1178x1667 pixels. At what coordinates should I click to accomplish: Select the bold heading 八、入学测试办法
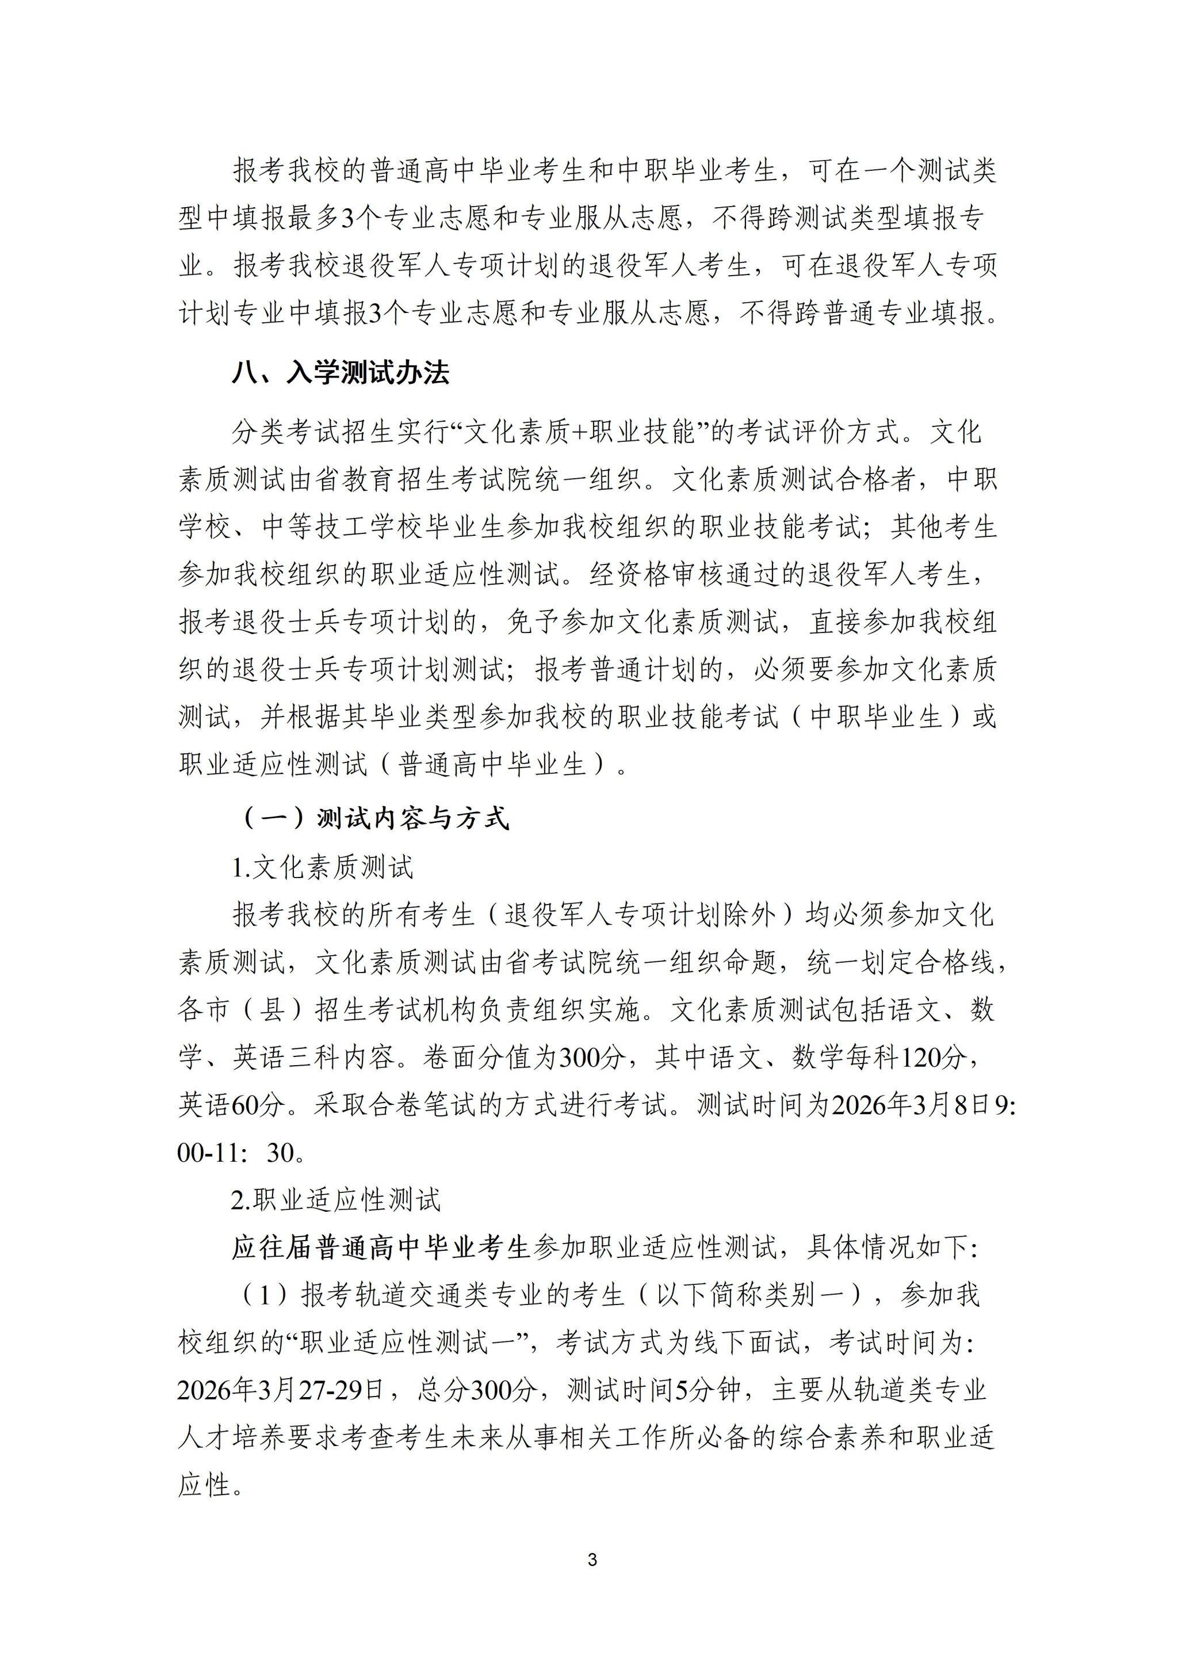pyautogui.click(x=341, y=373)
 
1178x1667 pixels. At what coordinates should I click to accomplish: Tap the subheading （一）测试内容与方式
pyautogui.click(x=373, y=819)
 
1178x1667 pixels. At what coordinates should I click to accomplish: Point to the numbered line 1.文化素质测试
pyautogui.click(x=322, y=867)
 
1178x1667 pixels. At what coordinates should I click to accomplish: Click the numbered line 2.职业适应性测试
pyautogui.click(x=336, y=1200)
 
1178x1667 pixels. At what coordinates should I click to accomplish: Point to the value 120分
pyautogui.click(x=934, y=1057)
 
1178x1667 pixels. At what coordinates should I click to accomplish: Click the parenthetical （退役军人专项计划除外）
pyautogui.click(x=640, y=915)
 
